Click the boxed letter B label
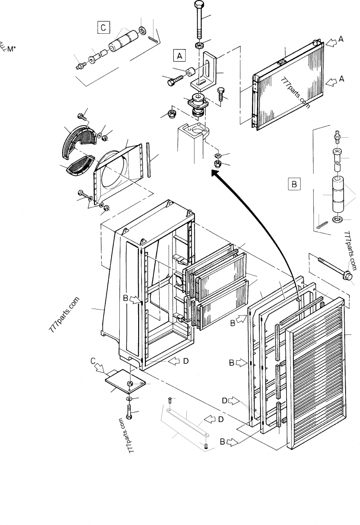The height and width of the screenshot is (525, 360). click(294, 184)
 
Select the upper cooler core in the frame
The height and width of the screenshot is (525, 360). click(211, 265)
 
